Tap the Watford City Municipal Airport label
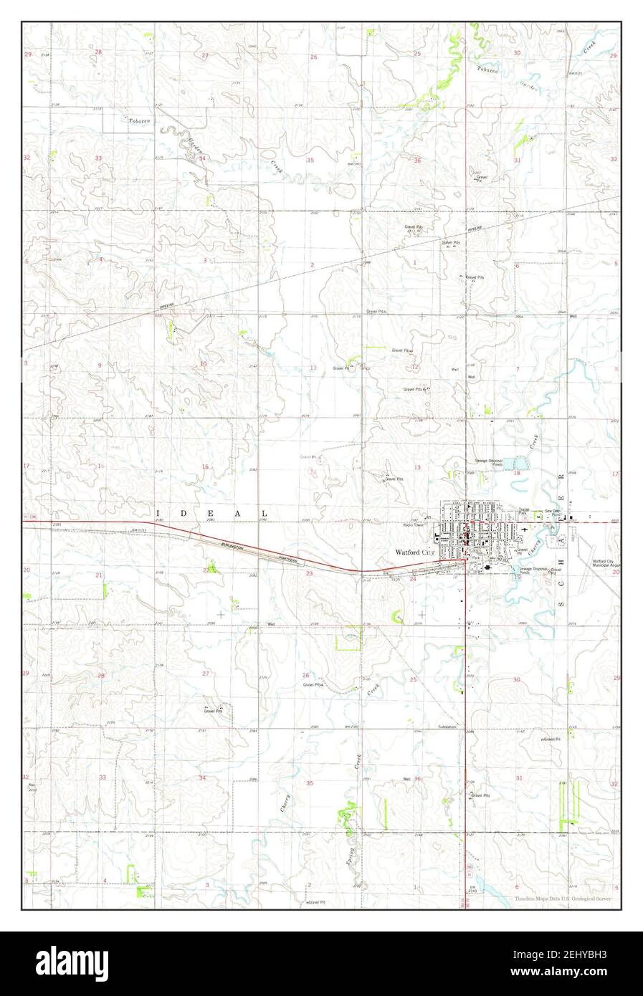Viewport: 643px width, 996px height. (605, 563)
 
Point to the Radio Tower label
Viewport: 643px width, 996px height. (414, 525)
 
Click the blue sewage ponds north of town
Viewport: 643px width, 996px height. (516, 469)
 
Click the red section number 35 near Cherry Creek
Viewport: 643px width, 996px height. (310, 783)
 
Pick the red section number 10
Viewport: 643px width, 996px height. (203, 363)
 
